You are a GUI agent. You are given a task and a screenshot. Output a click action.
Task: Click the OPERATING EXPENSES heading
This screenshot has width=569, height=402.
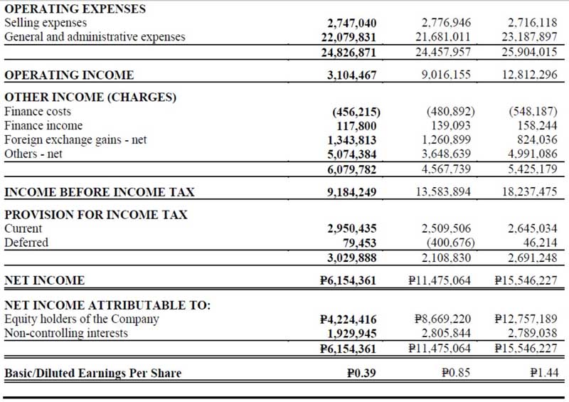click(x=75, y=9)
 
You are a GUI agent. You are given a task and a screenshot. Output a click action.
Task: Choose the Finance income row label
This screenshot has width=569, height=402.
click(x=43, y=125)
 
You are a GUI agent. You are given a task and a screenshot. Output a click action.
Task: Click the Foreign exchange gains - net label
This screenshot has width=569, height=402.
click(x=75, y=139)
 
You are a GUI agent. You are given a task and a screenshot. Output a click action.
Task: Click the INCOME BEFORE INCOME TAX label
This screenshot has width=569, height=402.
click(x=100, y=191)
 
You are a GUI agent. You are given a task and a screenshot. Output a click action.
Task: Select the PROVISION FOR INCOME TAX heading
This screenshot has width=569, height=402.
click(x=96, y=214)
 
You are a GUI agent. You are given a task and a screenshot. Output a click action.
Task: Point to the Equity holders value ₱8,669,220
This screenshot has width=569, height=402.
click(x=441, y=319)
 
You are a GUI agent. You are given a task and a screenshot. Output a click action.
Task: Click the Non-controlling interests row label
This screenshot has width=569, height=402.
click(x=65, y=333)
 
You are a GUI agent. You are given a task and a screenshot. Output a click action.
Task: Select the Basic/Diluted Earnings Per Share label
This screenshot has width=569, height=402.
click(x=93, y=374)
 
